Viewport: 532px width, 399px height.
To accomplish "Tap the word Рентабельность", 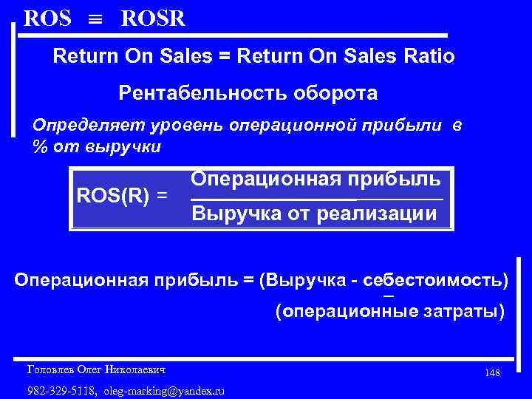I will (191, 94).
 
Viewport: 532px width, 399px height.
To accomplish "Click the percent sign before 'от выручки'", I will (40, 146).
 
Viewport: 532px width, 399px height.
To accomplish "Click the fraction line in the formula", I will (317, 199).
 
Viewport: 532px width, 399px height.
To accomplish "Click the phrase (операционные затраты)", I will (389, 312).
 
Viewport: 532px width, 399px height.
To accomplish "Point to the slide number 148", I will (493, 373).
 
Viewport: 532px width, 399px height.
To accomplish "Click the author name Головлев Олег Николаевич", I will (96, 368).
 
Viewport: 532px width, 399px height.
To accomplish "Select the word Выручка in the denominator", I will (234, 215).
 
